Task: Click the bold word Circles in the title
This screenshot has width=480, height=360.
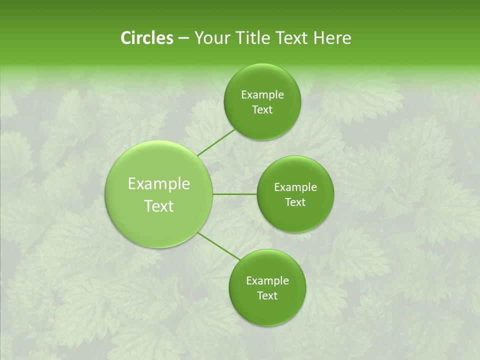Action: coord(146,38)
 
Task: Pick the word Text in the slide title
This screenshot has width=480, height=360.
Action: coord(290,38)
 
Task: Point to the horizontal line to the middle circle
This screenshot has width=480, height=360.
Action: coord(234,194)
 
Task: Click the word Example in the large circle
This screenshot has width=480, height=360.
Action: coord(159,184)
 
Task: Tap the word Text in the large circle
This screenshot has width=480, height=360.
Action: coord(159,206)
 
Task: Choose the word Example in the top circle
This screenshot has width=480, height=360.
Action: coord(262,95)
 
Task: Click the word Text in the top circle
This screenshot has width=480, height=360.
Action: coord(262,110)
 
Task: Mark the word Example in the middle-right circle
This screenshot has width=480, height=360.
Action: coord(295,187)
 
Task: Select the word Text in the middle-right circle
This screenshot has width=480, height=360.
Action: coord(295,202)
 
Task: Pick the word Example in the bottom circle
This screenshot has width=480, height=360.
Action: coord(267,281)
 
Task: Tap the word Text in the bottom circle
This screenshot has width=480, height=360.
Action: coord(267,296)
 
